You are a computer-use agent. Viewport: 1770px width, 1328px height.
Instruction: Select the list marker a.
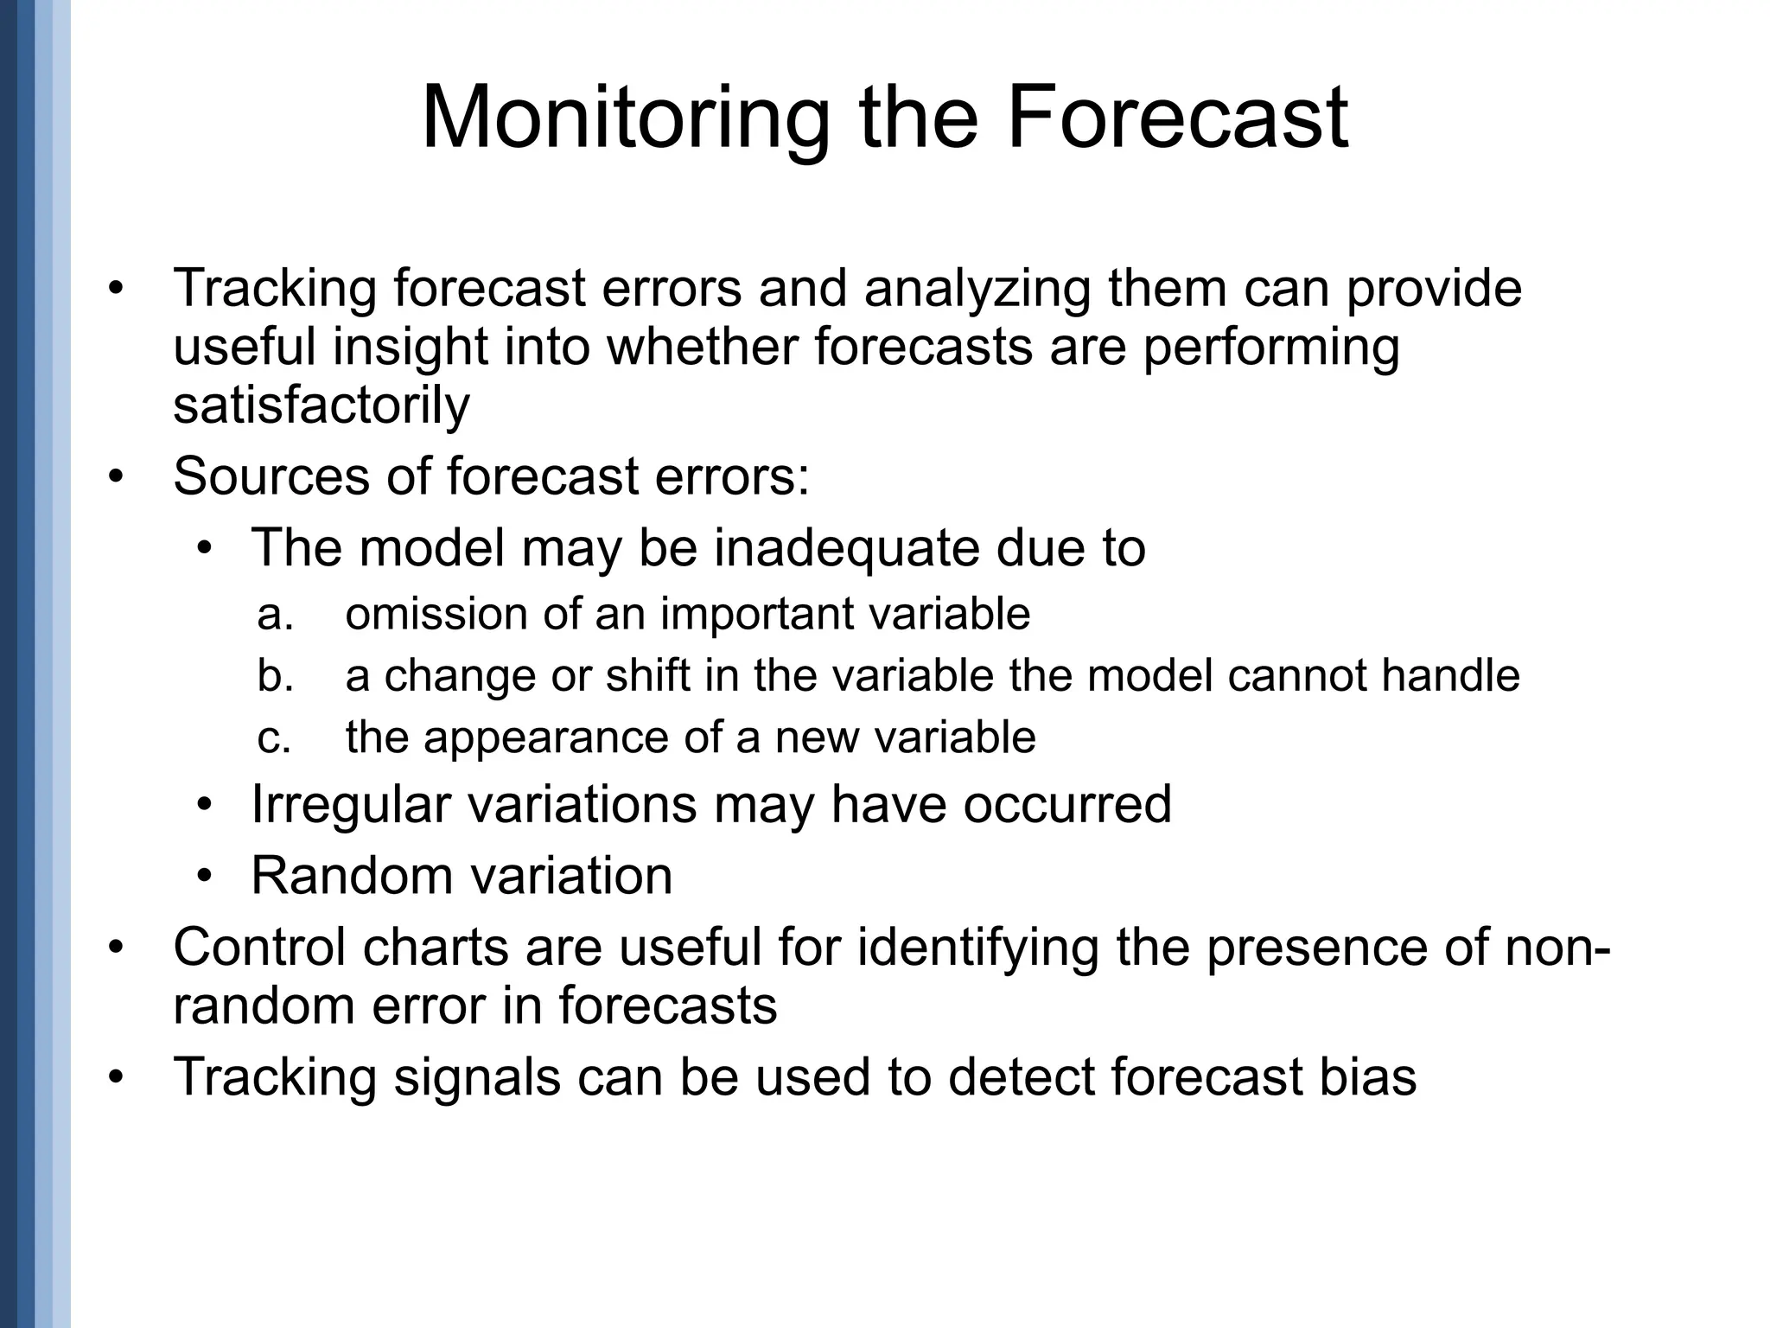pyautogui.click(x=275, y=615)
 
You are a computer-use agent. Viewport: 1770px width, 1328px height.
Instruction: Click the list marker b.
pyautogui.click(x=275, y=675)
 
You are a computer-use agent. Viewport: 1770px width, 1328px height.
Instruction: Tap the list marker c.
pyautogui.click(x=274, y=737)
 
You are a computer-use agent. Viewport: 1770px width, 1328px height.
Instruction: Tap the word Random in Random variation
pyautogui.click(x=349, y=875)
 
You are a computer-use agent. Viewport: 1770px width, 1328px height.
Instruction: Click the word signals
pyautogui.click(x=477, y=1077)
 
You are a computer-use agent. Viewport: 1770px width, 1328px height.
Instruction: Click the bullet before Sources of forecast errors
pyautogui.click(x=117, y=476)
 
